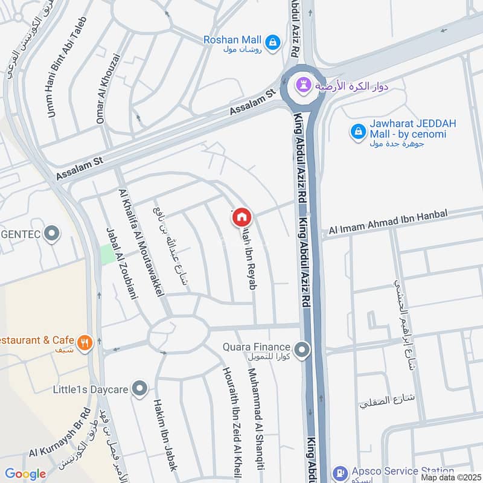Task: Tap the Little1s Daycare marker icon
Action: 140,389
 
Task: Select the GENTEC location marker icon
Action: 53,232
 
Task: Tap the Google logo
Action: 25,474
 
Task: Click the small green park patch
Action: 107,254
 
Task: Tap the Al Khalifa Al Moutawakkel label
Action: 142,242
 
